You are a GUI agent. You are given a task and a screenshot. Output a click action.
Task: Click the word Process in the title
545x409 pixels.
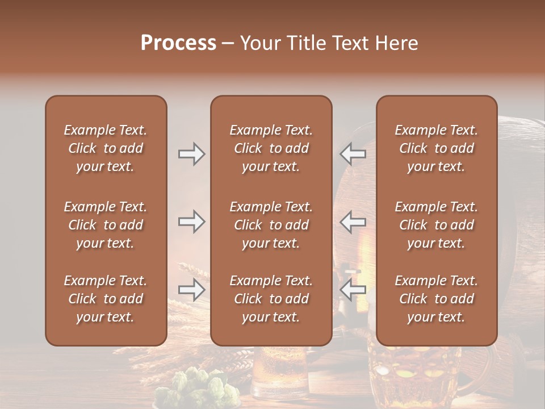point(178,43)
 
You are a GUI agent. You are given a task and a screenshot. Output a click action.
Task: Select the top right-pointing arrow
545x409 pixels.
point(191,154)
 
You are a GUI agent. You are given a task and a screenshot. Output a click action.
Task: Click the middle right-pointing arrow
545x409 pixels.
point(191,222)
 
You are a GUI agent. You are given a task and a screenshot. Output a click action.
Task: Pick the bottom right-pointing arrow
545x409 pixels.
point(191,290)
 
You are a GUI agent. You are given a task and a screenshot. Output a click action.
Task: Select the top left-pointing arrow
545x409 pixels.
point(353,154)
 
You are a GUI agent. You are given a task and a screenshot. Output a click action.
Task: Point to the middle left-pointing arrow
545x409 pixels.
point(353,222)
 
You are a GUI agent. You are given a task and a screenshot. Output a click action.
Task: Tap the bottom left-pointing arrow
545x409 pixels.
point(353,290)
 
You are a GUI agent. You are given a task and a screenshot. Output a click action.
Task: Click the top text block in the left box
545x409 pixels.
point(106,148)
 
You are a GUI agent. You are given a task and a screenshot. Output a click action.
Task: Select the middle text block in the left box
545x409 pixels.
point(106,225)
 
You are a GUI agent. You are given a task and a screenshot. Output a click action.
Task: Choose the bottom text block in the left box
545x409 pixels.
point(106,299)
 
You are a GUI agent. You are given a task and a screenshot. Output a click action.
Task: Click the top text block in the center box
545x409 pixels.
point(271,148)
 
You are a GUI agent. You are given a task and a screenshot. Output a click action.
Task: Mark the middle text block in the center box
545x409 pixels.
point(271,225)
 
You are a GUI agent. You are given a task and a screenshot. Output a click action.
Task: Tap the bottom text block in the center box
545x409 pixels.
point(271,299)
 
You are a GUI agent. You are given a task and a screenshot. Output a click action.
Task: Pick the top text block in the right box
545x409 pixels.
point(436,148)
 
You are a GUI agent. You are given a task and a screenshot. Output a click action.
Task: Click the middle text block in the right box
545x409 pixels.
point(436,225)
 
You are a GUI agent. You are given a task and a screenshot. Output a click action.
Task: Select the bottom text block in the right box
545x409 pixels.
point(436,299)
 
